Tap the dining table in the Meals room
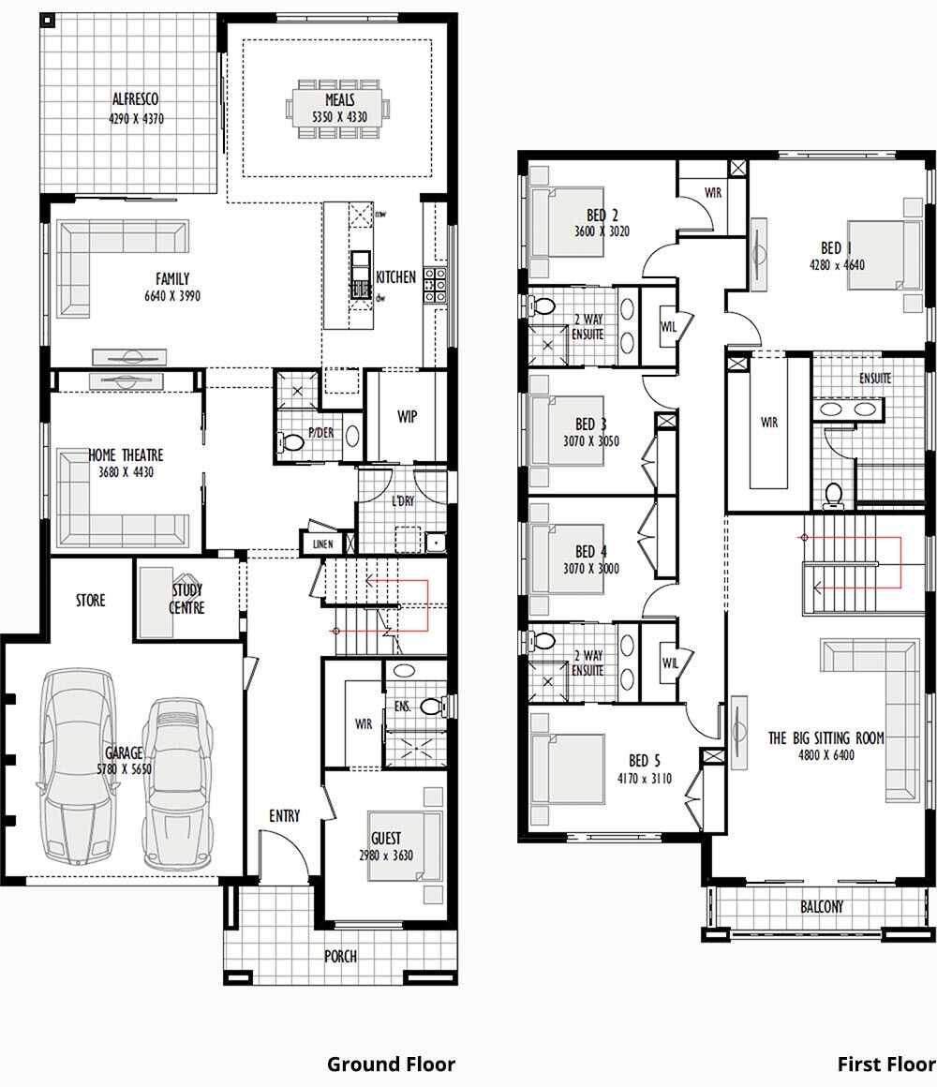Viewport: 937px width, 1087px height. click(x=339, y=111)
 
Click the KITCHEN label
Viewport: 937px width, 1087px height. click(x=395, y=277)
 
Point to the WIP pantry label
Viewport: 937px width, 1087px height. click(x=407, y=416)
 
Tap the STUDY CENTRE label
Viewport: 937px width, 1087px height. click(x=187, y=599)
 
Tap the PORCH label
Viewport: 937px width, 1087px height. click(x=340, y=957)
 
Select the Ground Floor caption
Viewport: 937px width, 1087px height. click(x=391, y=1065)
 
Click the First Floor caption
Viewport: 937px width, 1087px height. click(x=885, y=1065)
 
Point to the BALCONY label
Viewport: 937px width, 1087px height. click(x=821, y=906)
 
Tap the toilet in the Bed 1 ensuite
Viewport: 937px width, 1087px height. click(x=831, y=494)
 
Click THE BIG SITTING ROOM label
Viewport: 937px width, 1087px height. click(x=825, y=738)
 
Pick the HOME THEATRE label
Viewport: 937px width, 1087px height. click(x=126, y=455)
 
